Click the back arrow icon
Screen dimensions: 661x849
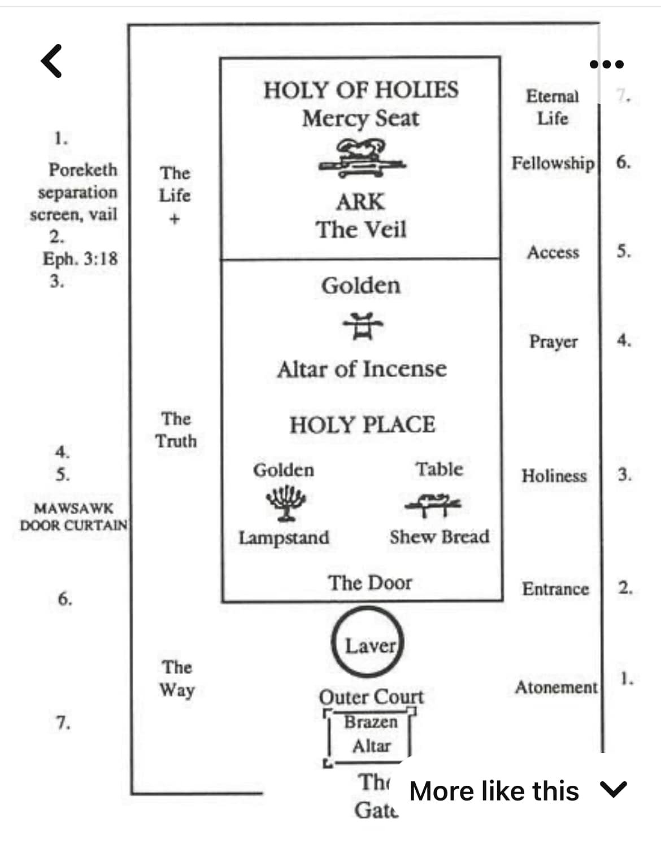[x=51, y=61]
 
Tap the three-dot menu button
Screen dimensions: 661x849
[x=606, y=64]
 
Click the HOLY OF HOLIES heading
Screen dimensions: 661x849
[x=361, y=90]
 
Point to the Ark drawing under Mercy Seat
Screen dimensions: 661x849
[x=362, y=159]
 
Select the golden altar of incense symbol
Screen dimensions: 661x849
[x=362, y=326]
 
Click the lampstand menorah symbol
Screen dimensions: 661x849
[x=286, y=503]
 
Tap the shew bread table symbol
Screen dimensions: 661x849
[x=433, y=505]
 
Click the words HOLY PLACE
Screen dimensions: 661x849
[x=362, y=424]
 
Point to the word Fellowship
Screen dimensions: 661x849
[x=553, y=163]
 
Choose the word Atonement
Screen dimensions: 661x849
[x=556, y=688]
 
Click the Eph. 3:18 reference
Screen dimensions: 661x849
[x=80, y=259]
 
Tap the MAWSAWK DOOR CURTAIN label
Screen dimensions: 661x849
[x=74, y=517]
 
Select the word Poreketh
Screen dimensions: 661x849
[x=83, y=170]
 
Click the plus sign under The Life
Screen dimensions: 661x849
[x=175, y=219]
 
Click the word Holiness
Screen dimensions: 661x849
[x=554, y=476]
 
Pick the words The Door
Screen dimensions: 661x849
[x=370, y=583]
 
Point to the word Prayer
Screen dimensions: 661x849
[x=554, y=342]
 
